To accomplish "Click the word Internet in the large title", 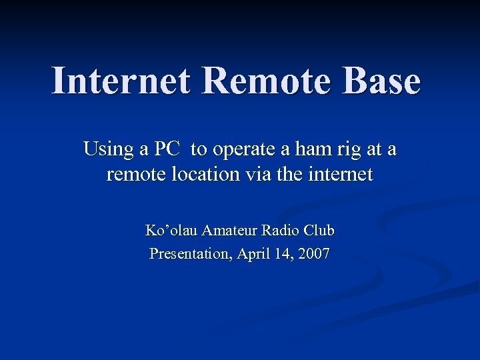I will (x=121, y=82).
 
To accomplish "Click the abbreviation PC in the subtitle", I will (x=167, y=149).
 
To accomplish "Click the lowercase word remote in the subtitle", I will (x=133, y=175).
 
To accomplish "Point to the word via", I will (x=255, y=175).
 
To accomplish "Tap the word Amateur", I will (x=229, y=231).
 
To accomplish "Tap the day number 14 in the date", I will (x=283, y=254).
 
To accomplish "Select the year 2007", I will (x=313, y=254).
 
